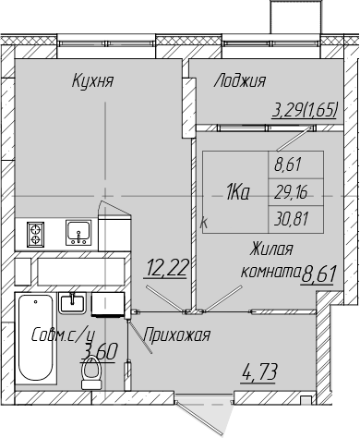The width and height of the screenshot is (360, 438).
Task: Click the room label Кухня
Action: (92, 81)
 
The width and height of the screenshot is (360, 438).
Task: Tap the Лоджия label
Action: (240, 81)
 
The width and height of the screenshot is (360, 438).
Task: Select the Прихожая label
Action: (177, 335)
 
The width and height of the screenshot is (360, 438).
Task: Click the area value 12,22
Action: (167, 267)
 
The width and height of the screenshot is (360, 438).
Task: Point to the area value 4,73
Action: (259, 371)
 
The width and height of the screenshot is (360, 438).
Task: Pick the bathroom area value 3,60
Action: (99, 351)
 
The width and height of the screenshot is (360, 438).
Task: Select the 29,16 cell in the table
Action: (291, 193)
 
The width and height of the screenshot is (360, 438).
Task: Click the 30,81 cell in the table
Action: (291, 219)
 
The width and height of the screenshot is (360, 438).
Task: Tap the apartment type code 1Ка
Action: (237, 193)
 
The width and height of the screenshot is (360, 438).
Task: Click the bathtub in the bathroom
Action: (36, 338)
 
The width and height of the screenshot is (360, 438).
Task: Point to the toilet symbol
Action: (91, 372)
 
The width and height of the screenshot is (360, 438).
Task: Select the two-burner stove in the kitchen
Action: (36, 234)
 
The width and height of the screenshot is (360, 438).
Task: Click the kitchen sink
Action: (78, 233)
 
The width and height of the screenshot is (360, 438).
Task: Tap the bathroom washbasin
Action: (73, 303)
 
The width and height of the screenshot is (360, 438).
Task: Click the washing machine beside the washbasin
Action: (108, 304)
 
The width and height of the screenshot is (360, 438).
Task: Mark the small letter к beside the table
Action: (204, 223)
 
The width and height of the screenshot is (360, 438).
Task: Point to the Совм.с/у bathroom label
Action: (64, 335)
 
